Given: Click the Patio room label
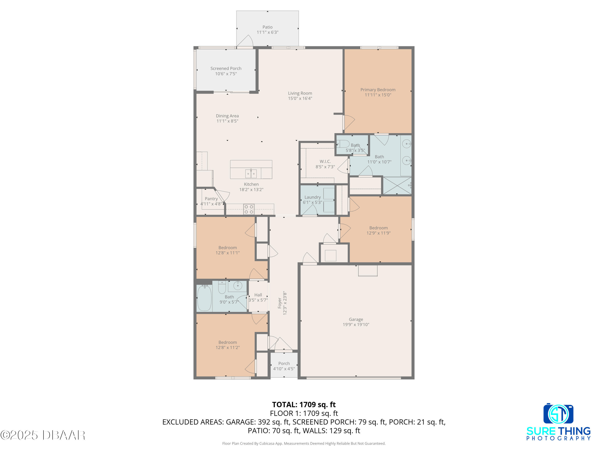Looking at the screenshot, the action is (x=268, y=27).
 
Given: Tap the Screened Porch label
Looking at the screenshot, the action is (x=226, y=69).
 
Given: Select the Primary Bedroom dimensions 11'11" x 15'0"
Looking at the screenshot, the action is (x=378, y=95).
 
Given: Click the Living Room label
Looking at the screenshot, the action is (x=300, y=93).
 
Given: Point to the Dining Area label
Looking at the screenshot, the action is (x=227, y=116).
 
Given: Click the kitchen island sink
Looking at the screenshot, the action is (x=251, y=174).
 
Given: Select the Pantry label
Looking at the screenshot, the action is (x=211, y=199).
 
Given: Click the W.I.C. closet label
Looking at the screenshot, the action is (x=325, y=161).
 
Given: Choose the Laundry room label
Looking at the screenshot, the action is (x=313, y=197).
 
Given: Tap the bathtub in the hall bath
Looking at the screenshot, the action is (x=204, y=298).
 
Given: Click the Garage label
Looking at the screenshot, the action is (x=356, y=319).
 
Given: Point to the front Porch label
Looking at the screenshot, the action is (x=284, y=363).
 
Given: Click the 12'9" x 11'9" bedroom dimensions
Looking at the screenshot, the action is (x=379, y=233).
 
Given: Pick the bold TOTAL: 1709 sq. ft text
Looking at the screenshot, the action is (x=304, y=405).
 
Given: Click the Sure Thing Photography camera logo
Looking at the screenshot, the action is (x=558, y=414).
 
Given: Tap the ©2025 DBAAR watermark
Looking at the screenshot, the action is (x=43, y=435).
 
